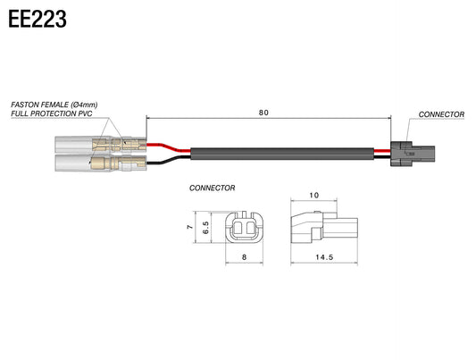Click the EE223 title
37,19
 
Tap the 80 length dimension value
263,113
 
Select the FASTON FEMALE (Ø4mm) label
54,105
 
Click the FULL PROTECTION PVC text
52,113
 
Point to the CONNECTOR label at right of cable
441,114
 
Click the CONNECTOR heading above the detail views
213,188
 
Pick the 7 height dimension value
190,227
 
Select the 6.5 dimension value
205,228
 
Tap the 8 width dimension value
245,257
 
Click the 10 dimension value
313,195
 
